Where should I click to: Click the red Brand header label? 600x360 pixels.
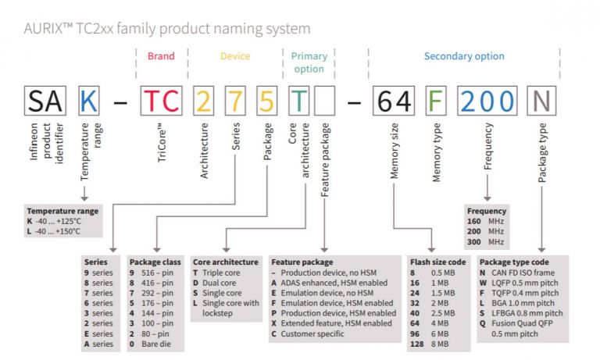point(161,56)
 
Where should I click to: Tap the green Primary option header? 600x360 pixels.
point(309,62)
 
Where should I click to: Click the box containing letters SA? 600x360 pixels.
point(45,101)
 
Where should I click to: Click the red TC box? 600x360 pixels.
point(162,101)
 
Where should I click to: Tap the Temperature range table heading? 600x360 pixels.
point(62,211)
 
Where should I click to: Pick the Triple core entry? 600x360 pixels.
point(218,272)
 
